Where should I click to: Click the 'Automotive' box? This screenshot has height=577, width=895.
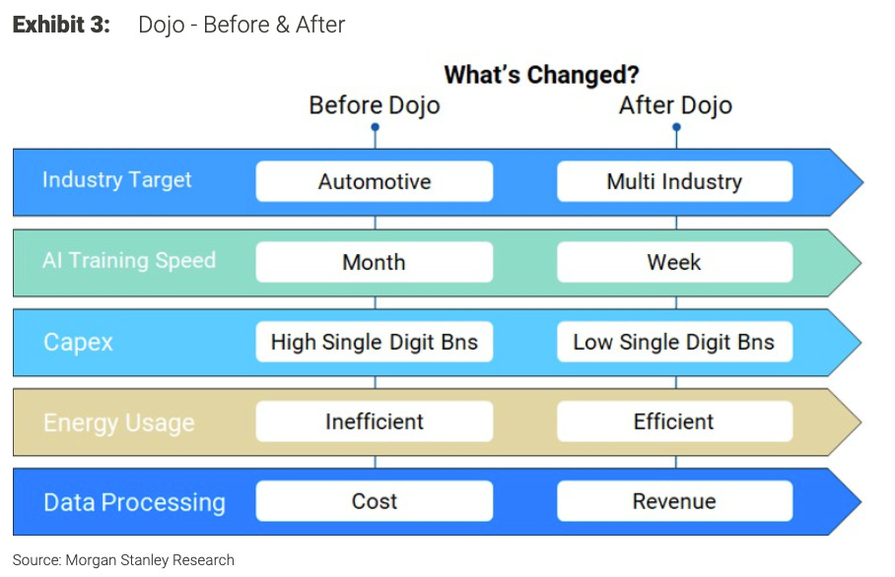click(x=375, y=181)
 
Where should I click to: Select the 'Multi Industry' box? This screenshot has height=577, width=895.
click(x=674, y=181)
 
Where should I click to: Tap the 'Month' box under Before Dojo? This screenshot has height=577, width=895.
click(x=375, y=262)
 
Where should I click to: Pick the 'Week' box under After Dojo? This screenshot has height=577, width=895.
click(x=674, y=262)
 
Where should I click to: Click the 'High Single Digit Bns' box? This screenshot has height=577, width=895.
click(x=375, y=343)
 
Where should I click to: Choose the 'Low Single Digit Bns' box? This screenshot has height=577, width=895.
click(x=674, y=343)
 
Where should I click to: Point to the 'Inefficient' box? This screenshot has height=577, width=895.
click(x=375, y=421)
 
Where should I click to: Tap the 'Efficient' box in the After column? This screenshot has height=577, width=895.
click(x=674, y=421)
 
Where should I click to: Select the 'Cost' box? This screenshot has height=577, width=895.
click(x=375, y=501)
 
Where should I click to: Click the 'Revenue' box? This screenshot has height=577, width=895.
click(x=674, y=501)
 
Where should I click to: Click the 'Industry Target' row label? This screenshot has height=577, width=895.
click(x=117, y=180)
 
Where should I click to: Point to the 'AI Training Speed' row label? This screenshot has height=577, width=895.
click(x=129, y=261)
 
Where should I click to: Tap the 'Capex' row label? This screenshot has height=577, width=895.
click(x=79, y=343)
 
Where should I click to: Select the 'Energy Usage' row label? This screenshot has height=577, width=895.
click(x=119, y=423)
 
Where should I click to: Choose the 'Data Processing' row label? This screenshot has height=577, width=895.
click(x=134, y=502)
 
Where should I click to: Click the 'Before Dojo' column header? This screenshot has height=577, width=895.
click(x=375, y=105)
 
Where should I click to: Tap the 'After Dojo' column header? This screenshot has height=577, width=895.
click(x=675, y=105)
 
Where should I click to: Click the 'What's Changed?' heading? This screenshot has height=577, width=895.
click(x=541, y=75)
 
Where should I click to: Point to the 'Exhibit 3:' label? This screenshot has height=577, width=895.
click(x=60, y=25)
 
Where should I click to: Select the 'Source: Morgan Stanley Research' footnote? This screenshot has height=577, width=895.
click(x=123, y=560)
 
